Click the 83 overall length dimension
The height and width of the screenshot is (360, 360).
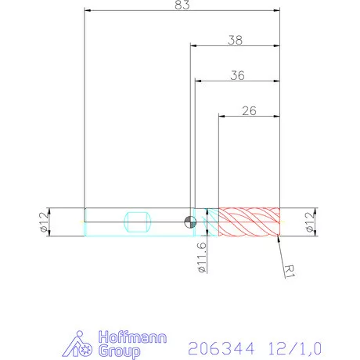click(x=182, y=5)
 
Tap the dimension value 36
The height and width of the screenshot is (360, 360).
click(x=237, y=75)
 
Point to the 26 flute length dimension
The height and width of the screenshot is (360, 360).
click(x=249, y=110)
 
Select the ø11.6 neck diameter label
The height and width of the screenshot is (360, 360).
click(x=202, y=257)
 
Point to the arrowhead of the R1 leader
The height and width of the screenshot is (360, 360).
click(x=277, y=238)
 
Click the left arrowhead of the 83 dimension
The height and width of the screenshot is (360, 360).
click(x=86, y=10)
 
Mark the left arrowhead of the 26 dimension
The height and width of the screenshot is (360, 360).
click(x=221, y=116)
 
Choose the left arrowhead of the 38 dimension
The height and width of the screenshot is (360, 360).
click(x=192, y=45)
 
